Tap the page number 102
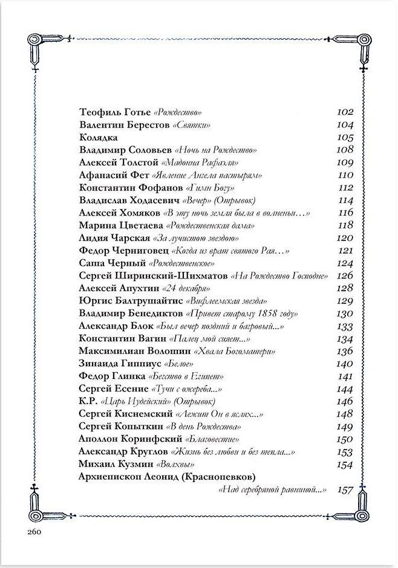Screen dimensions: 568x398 344,112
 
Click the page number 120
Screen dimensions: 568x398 344,237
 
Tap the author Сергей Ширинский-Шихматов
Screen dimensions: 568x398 154,276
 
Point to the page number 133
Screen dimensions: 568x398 344,326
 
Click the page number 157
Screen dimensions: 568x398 344,489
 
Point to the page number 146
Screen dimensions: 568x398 344,401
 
